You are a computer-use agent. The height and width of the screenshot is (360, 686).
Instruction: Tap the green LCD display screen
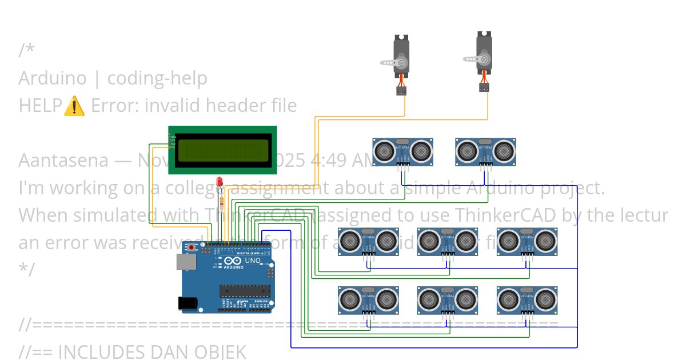pyautogui.click(x=222, y=150)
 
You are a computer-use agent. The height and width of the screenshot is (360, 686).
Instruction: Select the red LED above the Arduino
pyautogui.click(x=220, y=182)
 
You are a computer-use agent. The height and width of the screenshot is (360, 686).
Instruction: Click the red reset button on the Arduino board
pyautogui.click(x=190, y=248)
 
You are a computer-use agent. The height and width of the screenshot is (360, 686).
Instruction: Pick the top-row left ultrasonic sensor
pyautogui.click(x=402, y=151)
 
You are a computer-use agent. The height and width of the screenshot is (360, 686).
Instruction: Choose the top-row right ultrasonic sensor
pyautogui.click(x=485, y=151)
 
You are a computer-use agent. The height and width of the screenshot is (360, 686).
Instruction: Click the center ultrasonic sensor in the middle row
pyautogui.click(x=447, y=241)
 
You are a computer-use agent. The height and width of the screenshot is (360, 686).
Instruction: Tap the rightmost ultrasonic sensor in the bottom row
pyautogui.click(x=527, y=299)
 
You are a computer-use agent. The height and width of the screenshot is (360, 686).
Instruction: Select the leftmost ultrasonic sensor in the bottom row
pyautogui.click(x=368, y=299)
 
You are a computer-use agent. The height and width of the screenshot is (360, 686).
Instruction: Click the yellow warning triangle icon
pyautogui.click(x=74, y=106)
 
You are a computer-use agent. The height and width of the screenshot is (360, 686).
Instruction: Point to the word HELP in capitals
pyautogui.click(x=40, y=106)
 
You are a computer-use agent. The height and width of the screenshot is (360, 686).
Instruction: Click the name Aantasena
pyautogui.click(x=63, y=161)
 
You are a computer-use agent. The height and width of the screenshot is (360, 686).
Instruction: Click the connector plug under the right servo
pyautogui.click(x=484, y=87)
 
